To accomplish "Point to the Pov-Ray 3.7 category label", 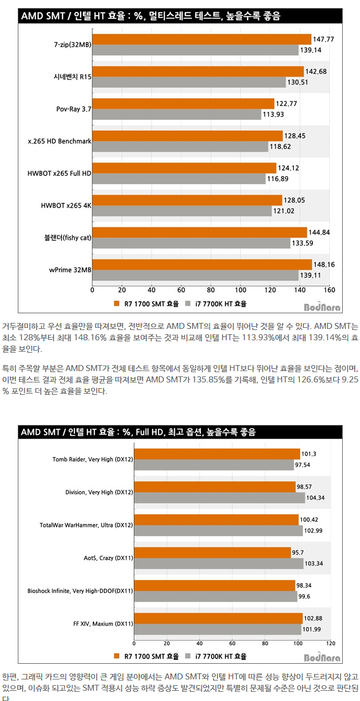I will click(74, 109).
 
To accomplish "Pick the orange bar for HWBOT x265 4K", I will click(187, 200).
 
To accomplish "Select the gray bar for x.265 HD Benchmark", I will click(180, 146).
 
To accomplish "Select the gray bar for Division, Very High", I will click(219, 498).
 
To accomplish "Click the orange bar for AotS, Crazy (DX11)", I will click(212, 552).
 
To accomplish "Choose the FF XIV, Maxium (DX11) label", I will click(103, 624).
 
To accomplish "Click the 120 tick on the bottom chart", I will click(331, 643).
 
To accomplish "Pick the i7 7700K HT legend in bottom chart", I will click(216, 657).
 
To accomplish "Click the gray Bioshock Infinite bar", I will click(215, 596).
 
